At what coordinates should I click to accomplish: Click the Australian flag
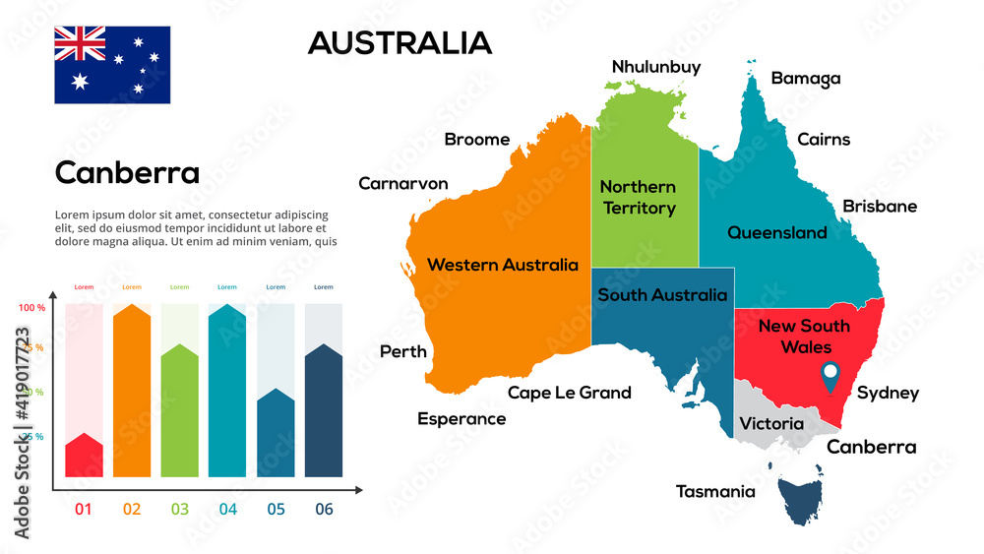click(x=112, y=65)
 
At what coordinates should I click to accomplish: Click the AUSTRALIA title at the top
click(x=400, y=42)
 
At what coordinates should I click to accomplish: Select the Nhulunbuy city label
click(x=656, y=67)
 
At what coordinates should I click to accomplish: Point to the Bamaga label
click(x=806, y=79)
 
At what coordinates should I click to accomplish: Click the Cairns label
click(x=824, y=140)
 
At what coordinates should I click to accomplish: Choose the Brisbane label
click(x=880, y=207)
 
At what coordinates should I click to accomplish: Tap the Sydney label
click(x=888, y=394)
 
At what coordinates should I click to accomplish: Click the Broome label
click(x=477, y=140)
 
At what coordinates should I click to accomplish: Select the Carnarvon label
click(x=403, y=184)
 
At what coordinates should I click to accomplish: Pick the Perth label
click(x=403, y=351)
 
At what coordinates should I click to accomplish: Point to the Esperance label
click(x=461, y=419)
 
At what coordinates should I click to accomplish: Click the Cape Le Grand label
click(x=570, y=394)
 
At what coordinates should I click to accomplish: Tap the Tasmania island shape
click(x=803, y=503)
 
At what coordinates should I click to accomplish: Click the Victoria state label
click(x=771, y=424)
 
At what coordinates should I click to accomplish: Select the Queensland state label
click(x=777, y=233)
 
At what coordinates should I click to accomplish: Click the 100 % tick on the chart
click(x=32, y=308)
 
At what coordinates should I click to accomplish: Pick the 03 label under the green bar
click(x=179, y=510)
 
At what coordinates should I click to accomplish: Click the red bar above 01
click(x=84, y=457)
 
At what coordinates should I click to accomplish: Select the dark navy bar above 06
click(x=324, y=413)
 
